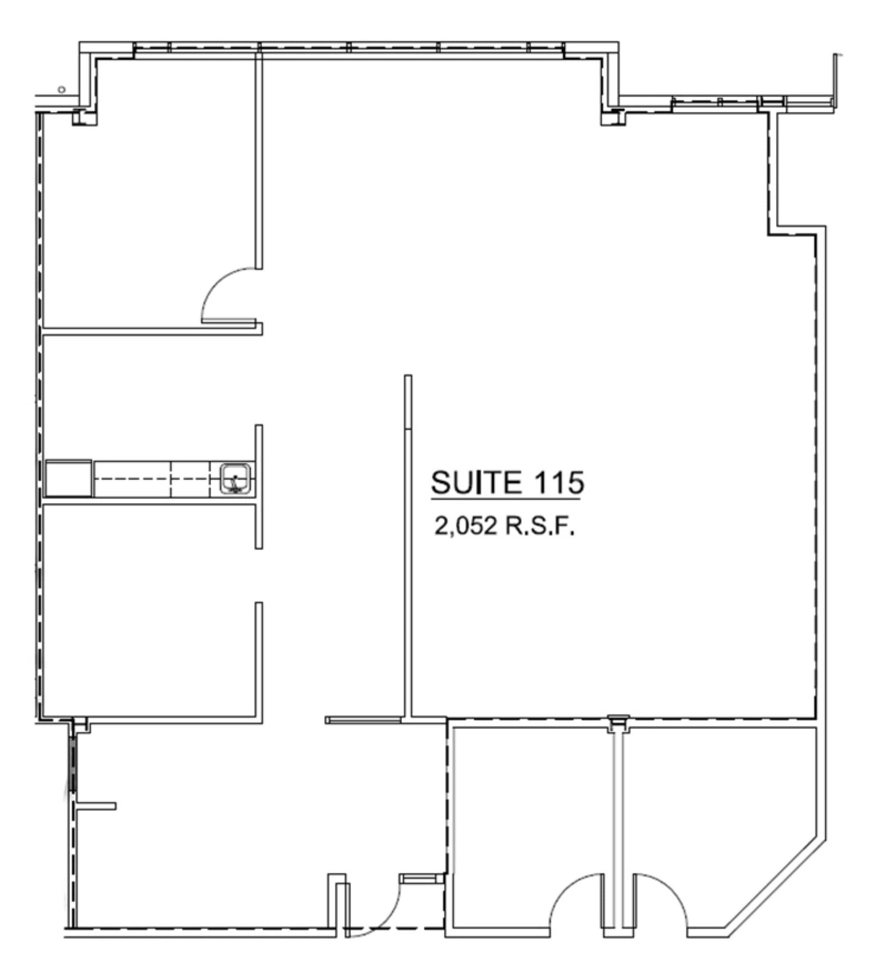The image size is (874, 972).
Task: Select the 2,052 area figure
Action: coord(465,526)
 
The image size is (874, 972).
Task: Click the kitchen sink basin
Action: coord(235,478)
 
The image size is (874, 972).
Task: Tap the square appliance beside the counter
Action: coord(68,478)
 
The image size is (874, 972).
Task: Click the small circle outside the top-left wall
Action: coord(61,89)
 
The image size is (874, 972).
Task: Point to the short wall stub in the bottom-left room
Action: coord(96,806)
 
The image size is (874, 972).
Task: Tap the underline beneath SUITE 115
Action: coord(506,500)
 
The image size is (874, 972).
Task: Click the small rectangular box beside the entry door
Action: coord(422,879)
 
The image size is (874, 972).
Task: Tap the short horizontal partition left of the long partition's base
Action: coord(364,720)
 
